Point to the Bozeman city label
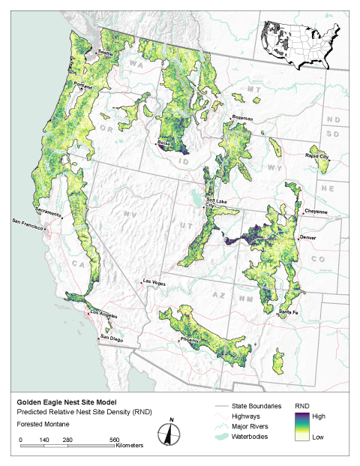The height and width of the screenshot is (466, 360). click(243, 119)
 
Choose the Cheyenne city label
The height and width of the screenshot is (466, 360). click(316, 212)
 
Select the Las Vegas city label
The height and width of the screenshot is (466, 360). click(155, 282)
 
